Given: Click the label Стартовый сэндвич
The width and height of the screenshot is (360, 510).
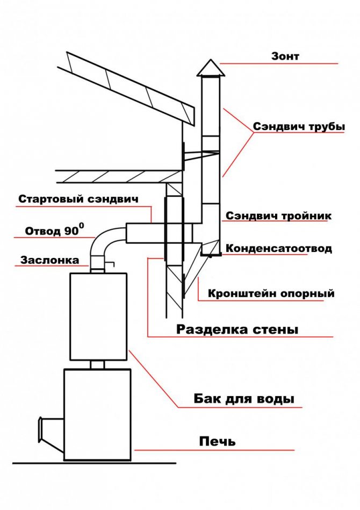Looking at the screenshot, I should pos(78,199).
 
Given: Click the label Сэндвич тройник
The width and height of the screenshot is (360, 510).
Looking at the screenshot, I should pos(278,216).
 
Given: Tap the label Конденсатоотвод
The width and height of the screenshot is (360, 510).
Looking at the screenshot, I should pos(278,248).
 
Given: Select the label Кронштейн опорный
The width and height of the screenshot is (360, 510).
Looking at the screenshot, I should pos(271,293).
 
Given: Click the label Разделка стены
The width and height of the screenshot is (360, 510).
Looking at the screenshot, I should pos(236,329).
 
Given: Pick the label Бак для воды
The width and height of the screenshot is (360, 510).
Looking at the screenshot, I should pos(243,399).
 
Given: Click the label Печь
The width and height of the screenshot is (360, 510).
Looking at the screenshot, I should pos(217,442).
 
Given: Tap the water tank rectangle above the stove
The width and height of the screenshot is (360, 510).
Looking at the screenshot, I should pos(98,316).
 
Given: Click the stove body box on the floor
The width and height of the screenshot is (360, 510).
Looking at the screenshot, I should pos(97,414).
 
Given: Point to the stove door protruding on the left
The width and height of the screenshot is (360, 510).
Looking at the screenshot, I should pos(52,428).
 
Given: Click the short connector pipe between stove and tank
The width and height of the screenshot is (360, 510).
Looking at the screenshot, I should pos(97,364).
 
